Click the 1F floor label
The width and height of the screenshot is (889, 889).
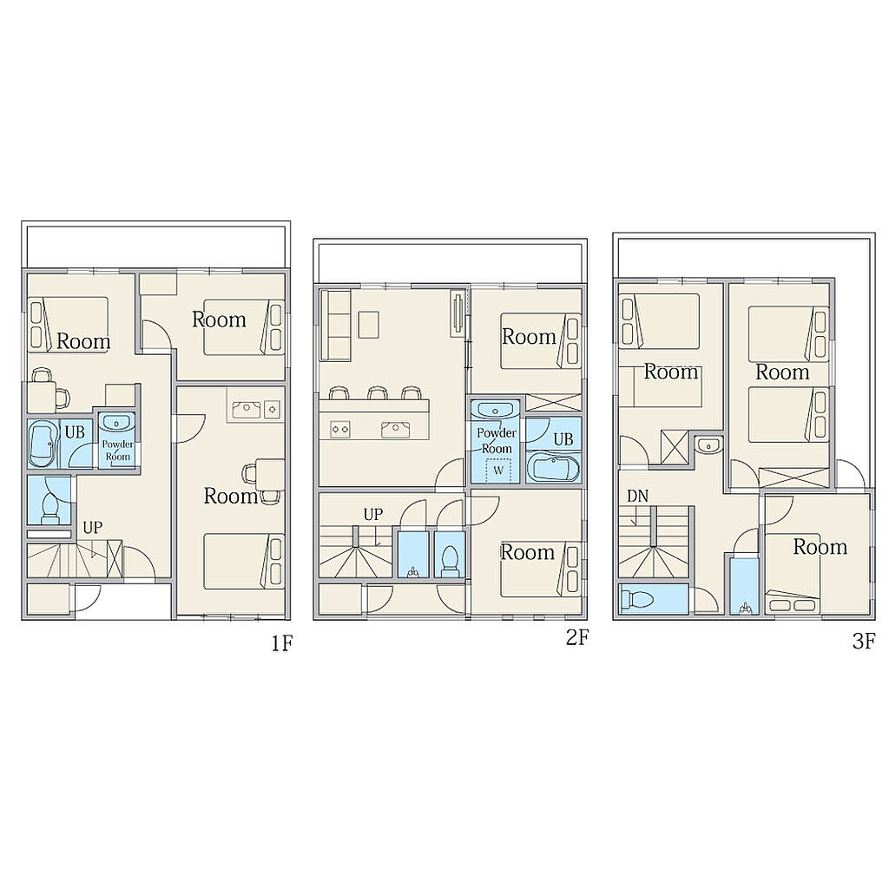(x=282, y=643)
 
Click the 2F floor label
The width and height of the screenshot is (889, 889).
(x=577, y=638)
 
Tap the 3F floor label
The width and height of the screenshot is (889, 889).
(x=864, y=642)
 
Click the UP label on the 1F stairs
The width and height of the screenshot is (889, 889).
(x=92, y=528)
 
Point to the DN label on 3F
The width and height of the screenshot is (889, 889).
(x=637, y=496)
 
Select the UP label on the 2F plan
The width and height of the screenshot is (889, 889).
(x=373, y=515)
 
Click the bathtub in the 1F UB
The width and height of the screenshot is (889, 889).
(x=43, y=444)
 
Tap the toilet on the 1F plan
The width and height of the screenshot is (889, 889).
(x=49, y=508)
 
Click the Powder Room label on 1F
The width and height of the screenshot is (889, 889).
(x=118, y=451)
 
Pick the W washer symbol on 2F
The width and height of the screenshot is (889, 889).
(x=498, y=471)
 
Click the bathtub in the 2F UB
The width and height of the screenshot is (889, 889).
(x=553, y=466)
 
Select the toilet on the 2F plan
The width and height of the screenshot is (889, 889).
(x=451, y=560)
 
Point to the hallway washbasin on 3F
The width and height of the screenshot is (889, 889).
(x=708, y=445)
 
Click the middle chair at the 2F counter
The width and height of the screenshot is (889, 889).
(x=377, y=393)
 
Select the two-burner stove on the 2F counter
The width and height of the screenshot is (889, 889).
(x=340, y=429)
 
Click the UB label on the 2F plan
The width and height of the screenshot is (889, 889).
(x=563, y=438)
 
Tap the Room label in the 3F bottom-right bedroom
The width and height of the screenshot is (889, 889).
(x=820, y=547)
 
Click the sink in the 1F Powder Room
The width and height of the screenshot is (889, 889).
(x=117, y=423)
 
